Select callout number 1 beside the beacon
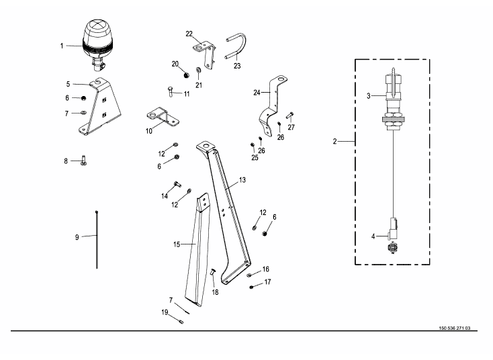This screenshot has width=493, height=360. (62, 46)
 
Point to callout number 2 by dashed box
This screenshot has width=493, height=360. (334, 142)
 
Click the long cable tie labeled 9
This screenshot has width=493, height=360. (97, 238)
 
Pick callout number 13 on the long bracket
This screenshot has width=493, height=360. (242, 180)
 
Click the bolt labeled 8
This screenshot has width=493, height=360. (83, 161)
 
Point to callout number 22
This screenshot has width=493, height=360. (189, 34)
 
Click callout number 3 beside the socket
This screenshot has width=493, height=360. (368, 96)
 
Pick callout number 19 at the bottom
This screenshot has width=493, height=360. (165, 312)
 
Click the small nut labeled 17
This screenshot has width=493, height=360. (251, 287)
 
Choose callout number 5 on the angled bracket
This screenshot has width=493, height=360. (69, 85)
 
